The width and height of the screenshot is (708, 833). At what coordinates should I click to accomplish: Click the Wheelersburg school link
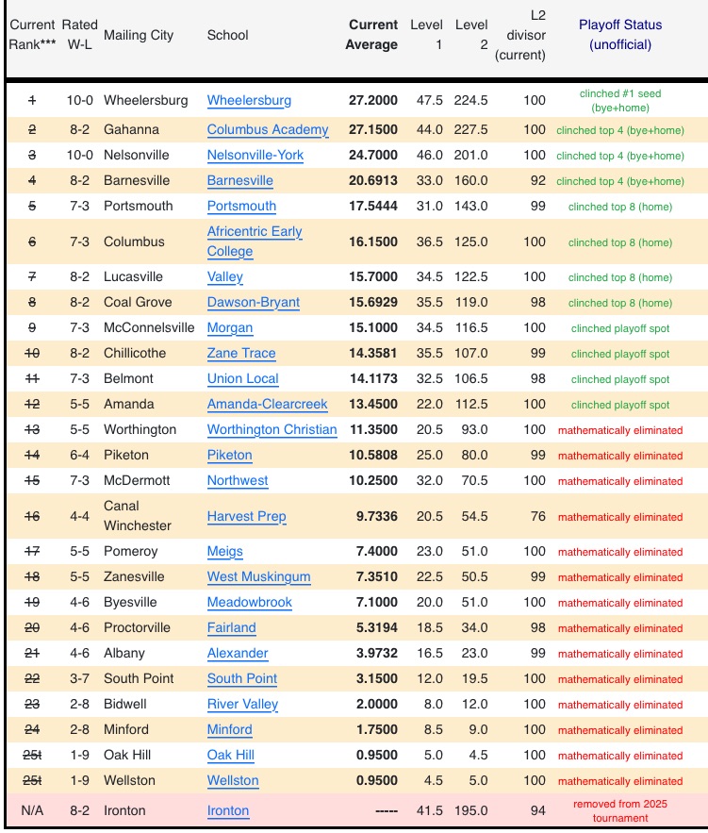[x=249, y=100]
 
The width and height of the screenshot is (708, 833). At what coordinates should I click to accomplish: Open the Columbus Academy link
[x=268, y=129]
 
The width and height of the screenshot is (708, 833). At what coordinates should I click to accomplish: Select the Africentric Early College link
[x=255, y=242]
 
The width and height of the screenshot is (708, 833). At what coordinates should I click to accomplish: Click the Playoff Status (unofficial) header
[x=619, y=35]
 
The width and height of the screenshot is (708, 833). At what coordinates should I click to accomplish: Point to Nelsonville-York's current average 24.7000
[x=373, y=155]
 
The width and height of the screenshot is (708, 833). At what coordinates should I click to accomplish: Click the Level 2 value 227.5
[x=470, y=129]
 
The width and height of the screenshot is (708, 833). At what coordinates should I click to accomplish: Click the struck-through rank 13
[x=32, y=429]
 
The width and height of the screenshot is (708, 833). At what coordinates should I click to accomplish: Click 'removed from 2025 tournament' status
[x=620, y=810]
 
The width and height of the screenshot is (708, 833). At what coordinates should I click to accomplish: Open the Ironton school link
[x=228, y=810]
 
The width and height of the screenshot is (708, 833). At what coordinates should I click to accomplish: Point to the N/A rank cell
[x=32, y=810]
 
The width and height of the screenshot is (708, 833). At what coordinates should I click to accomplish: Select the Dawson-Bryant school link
[x=254, y=303]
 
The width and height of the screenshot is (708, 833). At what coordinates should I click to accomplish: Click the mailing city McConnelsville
[x=149, y=327]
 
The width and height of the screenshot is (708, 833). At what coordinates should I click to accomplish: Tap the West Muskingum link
[x=259, y=576]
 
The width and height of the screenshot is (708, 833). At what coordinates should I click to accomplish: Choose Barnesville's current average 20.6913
[x=373, y=180]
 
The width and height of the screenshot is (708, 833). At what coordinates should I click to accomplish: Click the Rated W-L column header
[x=79, y=35]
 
